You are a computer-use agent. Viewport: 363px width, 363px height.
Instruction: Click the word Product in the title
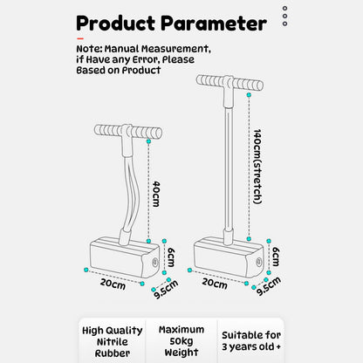(x=115, y=23)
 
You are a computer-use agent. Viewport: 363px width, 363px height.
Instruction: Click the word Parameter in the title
(x=214, y=23)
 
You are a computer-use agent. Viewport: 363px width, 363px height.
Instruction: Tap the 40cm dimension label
(x=156, y=194)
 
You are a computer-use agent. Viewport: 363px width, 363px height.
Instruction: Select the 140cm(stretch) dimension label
(x=257, y=167)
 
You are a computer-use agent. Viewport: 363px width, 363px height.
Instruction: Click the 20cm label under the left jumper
(x=113, y=284)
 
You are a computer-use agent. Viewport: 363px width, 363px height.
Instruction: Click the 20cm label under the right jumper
(x=215, y=283)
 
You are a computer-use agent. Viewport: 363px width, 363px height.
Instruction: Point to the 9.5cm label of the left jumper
(x=166, y=289)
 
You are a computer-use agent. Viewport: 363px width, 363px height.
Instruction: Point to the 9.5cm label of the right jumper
(x=269, y=286)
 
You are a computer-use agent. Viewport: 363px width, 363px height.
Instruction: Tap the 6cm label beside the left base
(x=171, y=257)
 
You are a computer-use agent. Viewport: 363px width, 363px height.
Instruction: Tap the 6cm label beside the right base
(x=276, y=257)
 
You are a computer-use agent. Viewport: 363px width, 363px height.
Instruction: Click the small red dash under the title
(x=80, y=38)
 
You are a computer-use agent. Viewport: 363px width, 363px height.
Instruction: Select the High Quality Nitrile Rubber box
(x=113, y=340)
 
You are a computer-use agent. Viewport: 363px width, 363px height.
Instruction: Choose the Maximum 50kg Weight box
(x=181, y=340)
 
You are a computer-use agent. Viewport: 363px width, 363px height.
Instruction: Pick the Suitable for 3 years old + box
(x=250, y=340)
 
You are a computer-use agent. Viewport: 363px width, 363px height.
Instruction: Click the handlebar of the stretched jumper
(x=229, y=82)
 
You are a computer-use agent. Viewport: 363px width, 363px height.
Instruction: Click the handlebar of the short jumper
(x=128, y=132)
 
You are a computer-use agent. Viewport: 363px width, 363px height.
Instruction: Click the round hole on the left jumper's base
(x=154, y=262)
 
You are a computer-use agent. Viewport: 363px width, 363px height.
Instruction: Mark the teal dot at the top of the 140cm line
(x=249, y=95)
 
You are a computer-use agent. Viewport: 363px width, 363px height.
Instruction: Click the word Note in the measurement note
(x=88, y=49)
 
